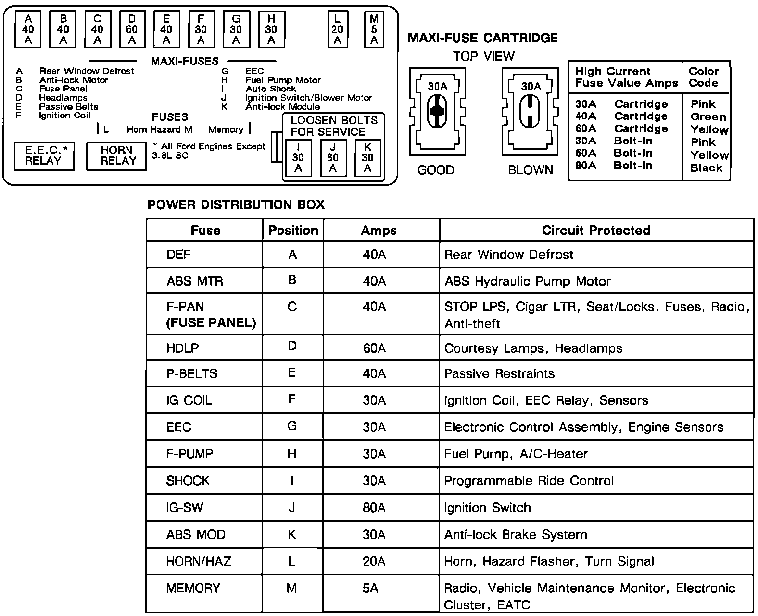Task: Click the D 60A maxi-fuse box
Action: [x=132, y=29]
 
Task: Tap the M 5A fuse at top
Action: [x=374, y=29]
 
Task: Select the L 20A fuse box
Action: [x=337, y=29]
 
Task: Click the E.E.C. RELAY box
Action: [x=44, y=156]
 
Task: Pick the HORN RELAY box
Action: [x=116, y=156]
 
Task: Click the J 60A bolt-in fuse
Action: [x=333, y=157]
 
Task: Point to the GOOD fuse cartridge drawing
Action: [x=437, y=111]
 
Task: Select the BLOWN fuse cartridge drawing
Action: [x=531, y=111]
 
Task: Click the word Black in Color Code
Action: [x=706, y=168]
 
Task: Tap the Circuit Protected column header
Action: [x=596, y=230]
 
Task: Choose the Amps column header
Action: [x=379, y=230]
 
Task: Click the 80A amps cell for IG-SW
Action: [x=374, y=508]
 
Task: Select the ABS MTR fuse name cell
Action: [x=195, y=281]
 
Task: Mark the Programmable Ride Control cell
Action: [x=529, y=481]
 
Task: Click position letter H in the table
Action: [x=292, y=454]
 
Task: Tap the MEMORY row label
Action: [x=193, y=588]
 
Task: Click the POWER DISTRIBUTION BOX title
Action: [x=236, y=205]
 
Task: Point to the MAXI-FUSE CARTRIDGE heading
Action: [x=482, y=38]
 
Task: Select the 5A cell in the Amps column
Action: [x=370, y=588]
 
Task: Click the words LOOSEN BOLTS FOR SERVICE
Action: [x=334, y=126]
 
